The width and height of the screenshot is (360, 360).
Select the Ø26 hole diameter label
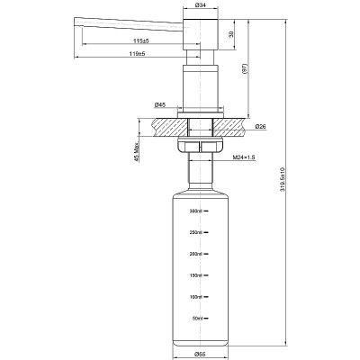tap(259, 126)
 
